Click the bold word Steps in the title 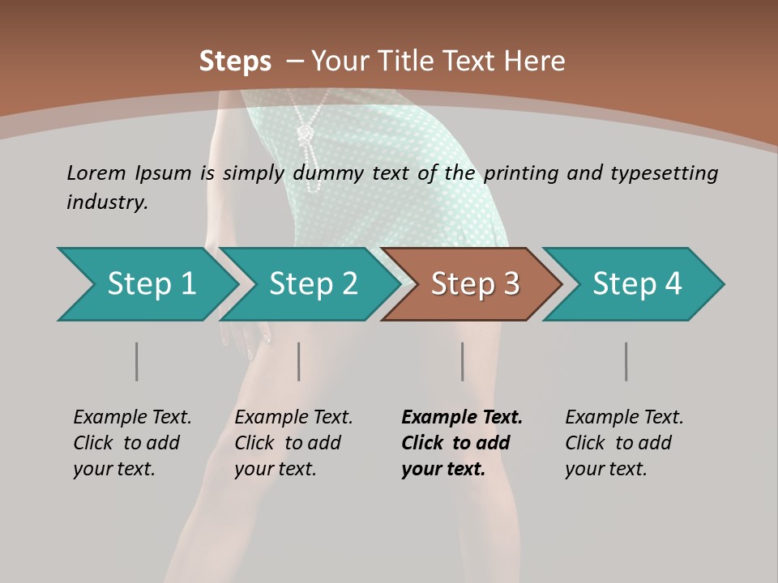click(235, 61)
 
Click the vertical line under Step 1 click(136, 361)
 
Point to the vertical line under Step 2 click(299, 361)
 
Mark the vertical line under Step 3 click(462, 361)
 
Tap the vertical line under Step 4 click(626, 361)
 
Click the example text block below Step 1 click(132, 443)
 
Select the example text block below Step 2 click(293, 443)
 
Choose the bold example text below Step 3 click(461, 443)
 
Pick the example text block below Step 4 click(624, 443)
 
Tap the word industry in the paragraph click(107, 202)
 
